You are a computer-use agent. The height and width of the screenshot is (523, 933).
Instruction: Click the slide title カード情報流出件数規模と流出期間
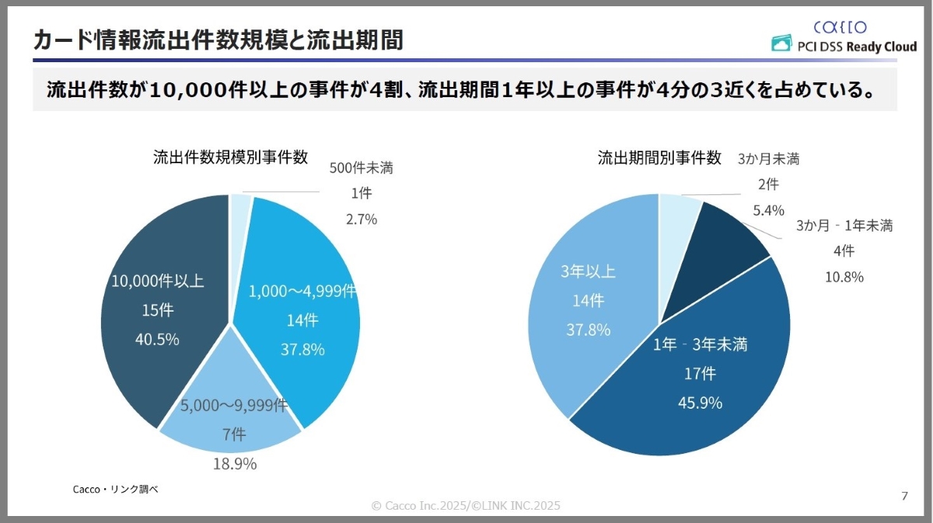coord(218,40)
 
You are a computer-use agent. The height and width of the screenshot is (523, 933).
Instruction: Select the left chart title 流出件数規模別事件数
coord(230,157)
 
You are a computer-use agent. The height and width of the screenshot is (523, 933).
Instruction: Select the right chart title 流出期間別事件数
coord(659,158)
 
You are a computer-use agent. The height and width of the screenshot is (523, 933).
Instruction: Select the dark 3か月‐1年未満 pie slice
coord(723,241)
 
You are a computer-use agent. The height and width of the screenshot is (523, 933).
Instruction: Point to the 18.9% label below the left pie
coord(235,464)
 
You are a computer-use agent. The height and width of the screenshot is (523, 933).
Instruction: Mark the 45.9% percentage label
coord(700,403)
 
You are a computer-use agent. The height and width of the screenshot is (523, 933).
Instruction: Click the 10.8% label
coord(841,277)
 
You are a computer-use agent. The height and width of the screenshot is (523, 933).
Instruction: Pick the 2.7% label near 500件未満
coord(362,220)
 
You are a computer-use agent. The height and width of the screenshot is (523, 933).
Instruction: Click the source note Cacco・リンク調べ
coord(115,490)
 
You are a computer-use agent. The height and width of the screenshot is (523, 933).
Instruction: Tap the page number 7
coord(904,497)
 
